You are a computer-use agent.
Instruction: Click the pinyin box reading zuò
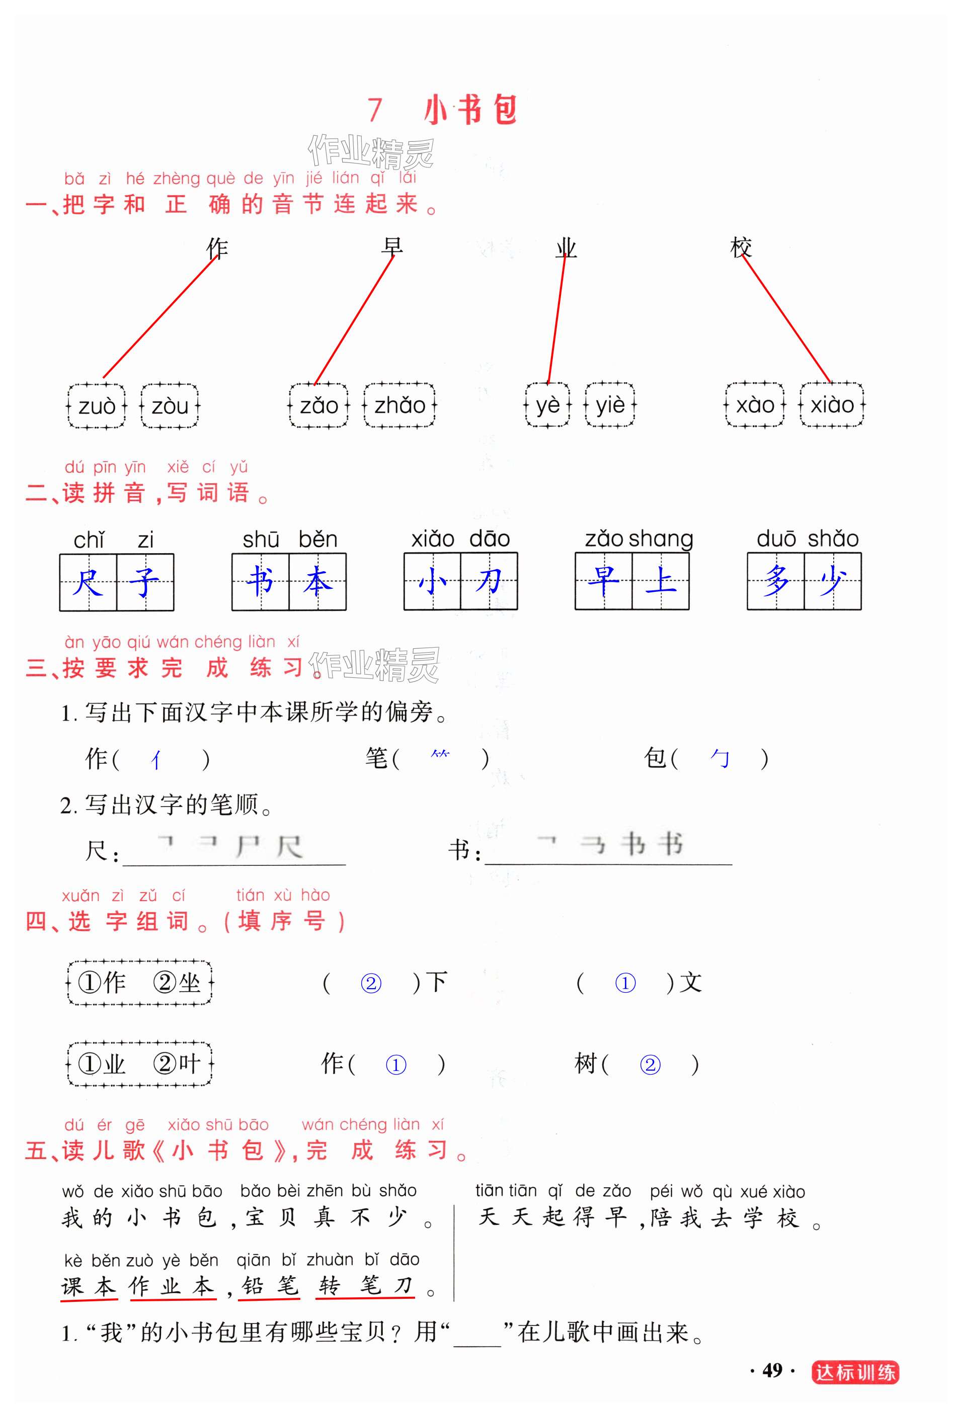tap(96, 406)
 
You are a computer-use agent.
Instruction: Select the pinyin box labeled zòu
tap(170, 406)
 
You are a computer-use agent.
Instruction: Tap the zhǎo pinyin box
tap(399, 405)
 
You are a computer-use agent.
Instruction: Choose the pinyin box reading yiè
tap(610, 405)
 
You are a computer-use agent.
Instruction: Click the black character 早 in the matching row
tap(392, 247)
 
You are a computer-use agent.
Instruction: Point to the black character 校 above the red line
tap(741, 247)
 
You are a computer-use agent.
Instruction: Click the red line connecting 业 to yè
tap(556, 320)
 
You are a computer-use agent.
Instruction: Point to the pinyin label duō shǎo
tap(807, 539)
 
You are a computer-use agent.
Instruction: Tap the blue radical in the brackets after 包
tap(720, 759)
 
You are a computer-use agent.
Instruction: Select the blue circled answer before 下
tap(371, 983)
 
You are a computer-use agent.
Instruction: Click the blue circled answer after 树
tap(650, 1065)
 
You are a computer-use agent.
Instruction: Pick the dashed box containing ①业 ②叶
tap(139, 1065)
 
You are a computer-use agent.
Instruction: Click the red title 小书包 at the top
tap(470, 110)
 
